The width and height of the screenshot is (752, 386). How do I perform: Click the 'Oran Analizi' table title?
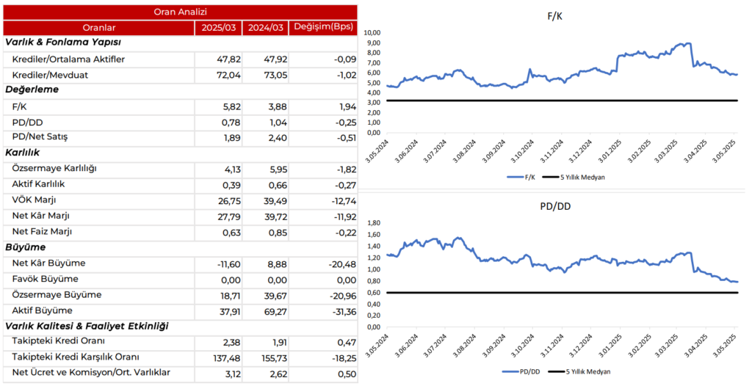click(181, 12)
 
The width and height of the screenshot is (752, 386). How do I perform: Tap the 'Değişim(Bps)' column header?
click(323, 28)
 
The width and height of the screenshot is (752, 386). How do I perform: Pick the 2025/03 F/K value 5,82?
click(220, 106)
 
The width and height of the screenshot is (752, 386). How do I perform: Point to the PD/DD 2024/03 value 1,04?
click(267, 122)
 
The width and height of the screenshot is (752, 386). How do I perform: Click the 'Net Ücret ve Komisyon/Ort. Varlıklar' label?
click(92, 373)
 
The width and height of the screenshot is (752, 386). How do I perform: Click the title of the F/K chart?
click(554, 15)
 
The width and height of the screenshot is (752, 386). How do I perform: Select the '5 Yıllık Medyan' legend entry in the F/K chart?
click(580, 177)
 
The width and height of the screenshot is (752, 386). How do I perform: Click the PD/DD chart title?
click(554, 206)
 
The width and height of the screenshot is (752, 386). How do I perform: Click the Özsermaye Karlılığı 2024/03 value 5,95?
click(267, 169)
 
